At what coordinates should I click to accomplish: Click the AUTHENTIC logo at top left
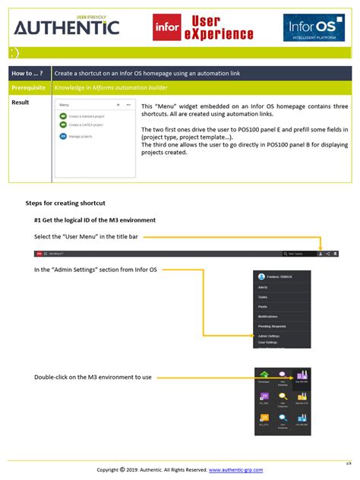[x=67, y=27]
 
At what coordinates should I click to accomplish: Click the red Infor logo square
[x=167, y=28]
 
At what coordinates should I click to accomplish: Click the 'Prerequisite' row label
[x=31, y=87]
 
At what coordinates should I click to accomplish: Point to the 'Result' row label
[x=21, y=102]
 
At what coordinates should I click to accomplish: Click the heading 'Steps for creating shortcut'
[x=65, y=204]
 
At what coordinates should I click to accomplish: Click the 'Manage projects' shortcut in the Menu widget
[x=80, y=136]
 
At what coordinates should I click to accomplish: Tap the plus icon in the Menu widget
[x=118, y=104]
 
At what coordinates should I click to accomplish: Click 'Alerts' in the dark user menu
[x=263, y=288]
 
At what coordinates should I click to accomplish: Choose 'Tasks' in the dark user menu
[x=262, y=297]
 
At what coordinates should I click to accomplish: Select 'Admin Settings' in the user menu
[x=269, y=335]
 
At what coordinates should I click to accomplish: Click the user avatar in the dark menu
[x=261, y=276]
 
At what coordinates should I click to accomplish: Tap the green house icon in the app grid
[x=263, y=373]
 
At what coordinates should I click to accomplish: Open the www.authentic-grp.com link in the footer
[x=235, y=470]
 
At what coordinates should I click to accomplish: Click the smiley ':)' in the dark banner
[x=15, y=53]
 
